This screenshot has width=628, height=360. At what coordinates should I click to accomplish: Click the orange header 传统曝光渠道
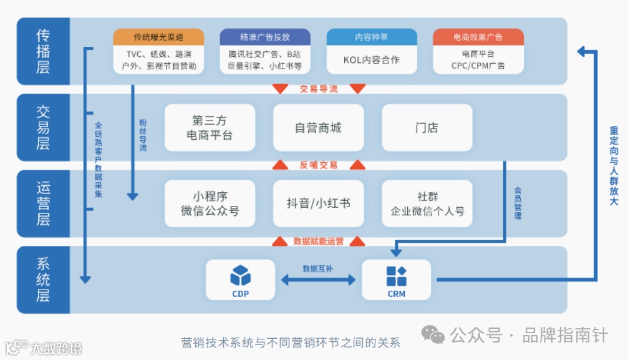coord(158,37)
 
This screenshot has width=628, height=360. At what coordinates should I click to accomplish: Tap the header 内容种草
coord(372,37)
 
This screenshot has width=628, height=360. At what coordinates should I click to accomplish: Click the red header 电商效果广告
coord(478,37)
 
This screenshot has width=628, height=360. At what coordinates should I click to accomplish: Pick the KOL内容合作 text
coord(372,61)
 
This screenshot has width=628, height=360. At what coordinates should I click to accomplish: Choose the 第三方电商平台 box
coord(210,128)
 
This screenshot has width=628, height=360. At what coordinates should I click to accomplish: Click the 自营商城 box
coord(318,128)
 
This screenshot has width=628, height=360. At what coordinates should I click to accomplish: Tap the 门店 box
coord(427,128)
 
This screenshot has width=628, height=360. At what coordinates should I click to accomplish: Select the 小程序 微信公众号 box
coord(210,203)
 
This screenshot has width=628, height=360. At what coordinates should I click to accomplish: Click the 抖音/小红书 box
coord(318,203)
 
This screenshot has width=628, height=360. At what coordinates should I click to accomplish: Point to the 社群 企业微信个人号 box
coord(427,203)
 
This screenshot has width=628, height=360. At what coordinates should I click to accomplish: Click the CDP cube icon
coord(240,275)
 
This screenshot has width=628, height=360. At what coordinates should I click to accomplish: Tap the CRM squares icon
coord(396,275)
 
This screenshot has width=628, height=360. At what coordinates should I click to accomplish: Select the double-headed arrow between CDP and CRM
coord(318,280)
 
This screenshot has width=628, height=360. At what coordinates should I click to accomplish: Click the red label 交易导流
coord(318,89)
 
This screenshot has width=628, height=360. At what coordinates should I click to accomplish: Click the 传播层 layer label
coord(42,51)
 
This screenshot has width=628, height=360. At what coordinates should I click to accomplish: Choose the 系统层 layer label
coord(42,280)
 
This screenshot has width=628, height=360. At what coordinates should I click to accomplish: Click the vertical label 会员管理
coord(518,203)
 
